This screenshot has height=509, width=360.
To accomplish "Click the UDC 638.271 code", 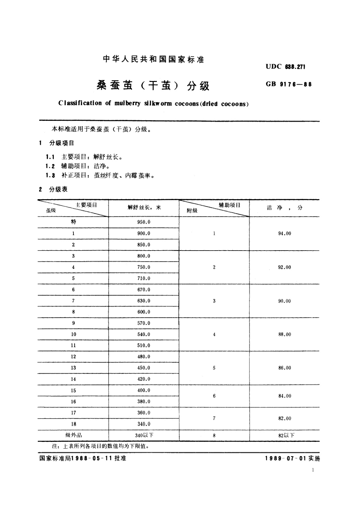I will pos(285,67).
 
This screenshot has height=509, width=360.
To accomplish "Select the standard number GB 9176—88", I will pos(288,84).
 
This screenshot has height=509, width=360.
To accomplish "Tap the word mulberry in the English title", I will pos(127,103).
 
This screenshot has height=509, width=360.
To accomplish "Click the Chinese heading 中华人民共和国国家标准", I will pos(154,59).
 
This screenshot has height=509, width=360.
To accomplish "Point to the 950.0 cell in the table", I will pos(144,222).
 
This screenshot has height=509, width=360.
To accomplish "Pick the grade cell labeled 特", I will pos(73,222).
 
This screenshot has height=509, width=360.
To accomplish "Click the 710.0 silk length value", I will pos(144,278).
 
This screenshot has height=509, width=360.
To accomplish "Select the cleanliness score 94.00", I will pos(284,234).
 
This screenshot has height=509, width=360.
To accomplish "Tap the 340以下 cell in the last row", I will pos(144,435).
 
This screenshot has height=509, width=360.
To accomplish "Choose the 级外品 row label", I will pos(73,435).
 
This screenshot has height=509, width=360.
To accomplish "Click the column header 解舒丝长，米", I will pos(144,208).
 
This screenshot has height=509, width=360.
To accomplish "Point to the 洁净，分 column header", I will pos(284,208).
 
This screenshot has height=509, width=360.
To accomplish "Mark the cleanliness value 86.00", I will pos(284,368).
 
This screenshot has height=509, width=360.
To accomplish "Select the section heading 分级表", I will pos(58,190).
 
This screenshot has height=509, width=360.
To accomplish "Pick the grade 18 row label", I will pos(73,424).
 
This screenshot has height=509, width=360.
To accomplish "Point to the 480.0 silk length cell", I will pos(144,357).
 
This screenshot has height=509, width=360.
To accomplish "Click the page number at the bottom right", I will pos(313,470).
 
